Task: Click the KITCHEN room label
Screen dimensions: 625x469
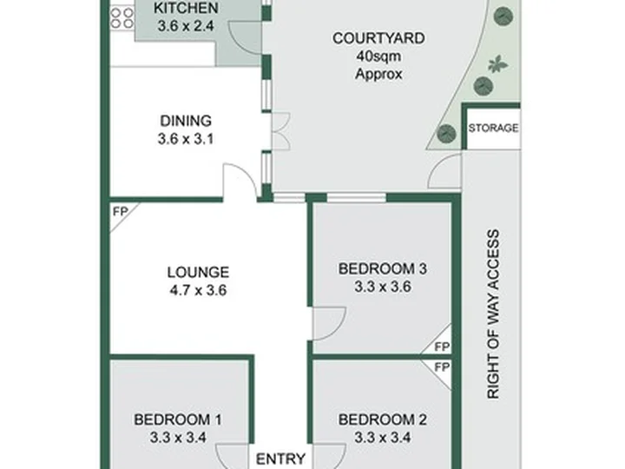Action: pyautogui.click(x=186, y=8)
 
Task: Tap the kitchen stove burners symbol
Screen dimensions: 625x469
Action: pyautogui.click(x=122, y=18)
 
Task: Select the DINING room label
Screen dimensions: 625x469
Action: pyautogui.click(x=186, y=121)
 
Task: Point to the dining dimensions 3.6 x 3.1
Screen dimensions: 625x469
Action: pyautogui.click(x=186, y=139)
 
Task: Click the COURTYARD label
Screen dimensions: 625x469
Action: pyautogui.click(x=378, y=38)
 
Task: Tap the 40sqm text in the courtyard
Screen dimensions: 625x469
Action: pyautogui.click(x=378, y=56)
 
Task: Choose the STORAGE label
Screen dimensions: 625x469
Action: pyautogui.click(x=493, y=128)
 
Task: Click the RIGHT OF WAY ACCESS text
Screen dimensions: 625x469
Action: pyautogui.click(x=493, y=314)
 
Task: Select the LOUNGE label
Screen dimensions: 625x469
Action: pyautogui.click(x=198, y=273)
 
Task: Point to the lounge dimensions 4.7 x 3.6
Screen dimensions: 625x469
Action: pyautogui.click(x=198, y=290)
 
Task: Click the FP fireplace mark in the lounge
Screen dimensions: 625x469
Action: pyautogui.click(x=121, y=211)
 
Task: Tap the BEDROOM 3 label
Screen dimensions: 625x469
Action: pyautogui.click(x=383, y=268)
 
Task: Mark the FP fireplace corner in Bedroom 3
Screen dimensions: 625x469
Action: pyautogui.click(x=442, y=347)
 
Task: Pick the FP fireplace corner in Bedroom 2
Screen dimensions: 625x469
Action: pyautogui.click(x=442, y=367)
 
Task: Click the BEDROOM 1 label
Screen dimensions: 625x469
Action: pyautogui.click(x=178, y=419)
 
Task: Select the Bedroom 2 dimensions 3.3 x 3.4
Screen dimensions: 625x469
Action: pyautogui.click(x=383, y=438)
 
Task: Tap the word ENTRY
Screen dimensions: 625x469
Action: pyautogui.click(x=280, y=459)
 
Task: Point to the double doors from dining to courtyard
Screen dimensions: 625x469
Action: pyautogui.click(x=281, y=132)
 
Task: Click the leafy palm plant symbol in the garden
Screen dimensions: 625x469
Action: pyautogui.click(x=498, y=64)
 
